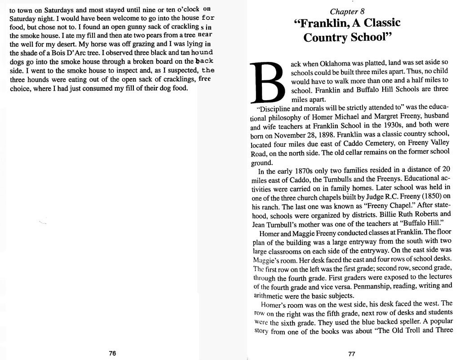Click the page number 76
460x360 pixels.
pyautogui.click(x=112, y=353)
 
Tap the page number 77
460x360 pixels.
pyautogui.click(x=352, y=354)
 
